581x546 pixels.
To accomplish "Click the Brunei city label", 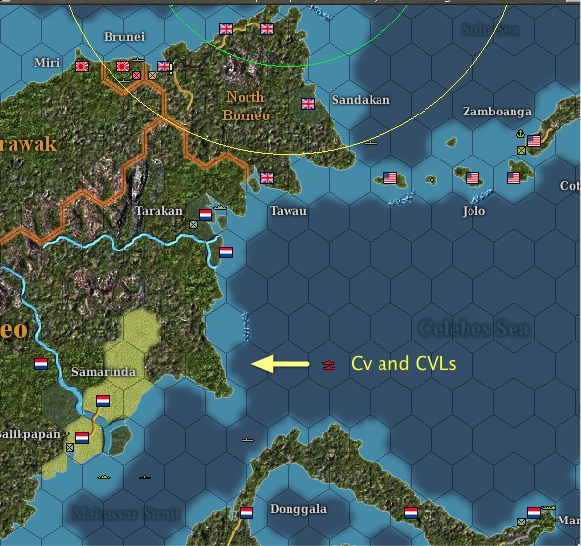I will (124, 37).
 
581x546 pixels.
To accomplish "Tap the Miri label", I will (46, 62).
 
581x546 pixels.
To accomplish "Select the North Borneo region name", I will (246, 106).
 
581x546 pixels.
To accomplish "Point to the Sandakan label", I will (360, 100).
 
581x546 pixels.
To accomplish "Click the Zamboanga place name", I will (497, 112).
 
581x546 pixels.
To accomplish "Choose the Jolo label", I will (473, 210).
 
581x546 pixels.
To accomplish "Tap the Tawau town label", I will (289, 210).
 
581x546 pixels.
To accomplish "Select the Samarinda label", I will (103, 372).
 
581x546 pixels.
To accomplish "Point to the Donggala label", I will (298, 509).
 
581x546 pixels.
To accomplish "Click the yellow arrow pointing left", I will (280, 364).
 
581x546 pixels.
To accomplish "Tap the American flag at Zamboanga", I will (534, 142).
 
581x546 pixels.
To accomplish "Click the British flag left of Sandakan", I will (309, 104).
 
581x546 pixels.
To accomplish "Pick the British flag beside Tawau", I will (267, 178).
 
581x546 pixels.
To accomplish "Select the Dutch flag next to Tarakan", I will (205, 214).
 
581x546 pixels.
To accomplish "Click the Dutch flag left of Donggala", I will (246, 512).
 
